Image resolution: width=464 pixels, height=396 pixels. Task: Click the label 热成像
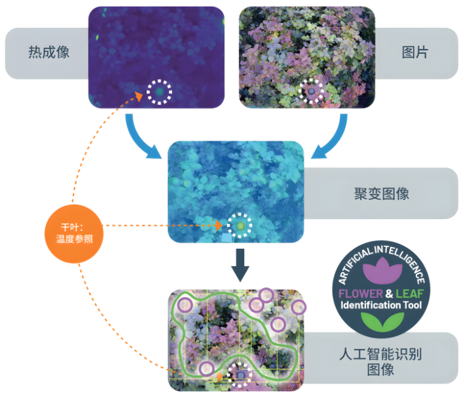coord(48,53)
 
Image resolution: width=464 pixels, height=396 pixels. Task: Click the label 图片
coord(415,53)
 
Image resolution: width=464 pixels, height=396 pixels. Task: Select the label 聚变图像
coord(378,194)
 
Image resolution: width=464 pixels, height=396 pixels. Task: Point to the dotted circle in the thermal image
coord(160,92)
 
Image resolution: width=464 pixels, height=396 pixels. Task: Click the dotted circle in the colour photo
coord(311,92)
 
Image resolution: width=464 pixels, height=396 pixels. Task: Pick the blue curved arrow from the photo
coord(330,137)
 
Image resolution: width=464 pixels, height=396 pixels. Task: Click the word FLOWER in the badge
coord(361,293)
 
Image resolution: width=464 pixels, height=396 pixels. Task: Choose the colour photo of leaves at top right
coord(307,57)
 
